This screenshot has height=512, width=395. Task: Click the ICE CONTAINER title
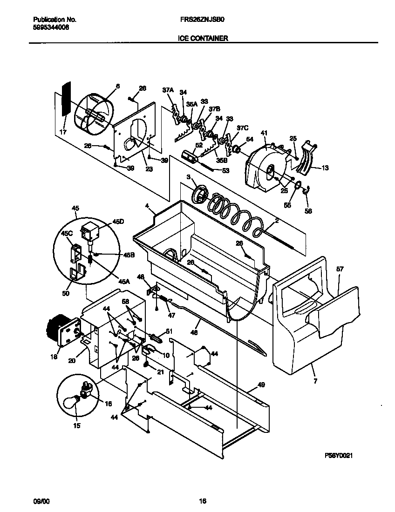coord(203,39)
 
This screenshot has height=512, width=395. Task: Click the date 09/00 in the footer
coord(41,501)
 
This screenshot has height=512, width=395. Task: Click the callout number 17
coord(63,132)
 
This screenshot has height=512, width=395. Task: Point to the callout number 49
coord(261,384)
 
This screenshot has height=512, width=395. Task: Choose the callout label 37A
coord(168,90)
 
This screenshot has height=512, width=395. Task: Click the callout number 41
coord(264,133)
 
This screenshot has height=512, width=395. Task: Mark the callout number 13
coord(325,168)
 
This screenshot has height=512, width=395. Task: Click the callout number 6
coord(117,86)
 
